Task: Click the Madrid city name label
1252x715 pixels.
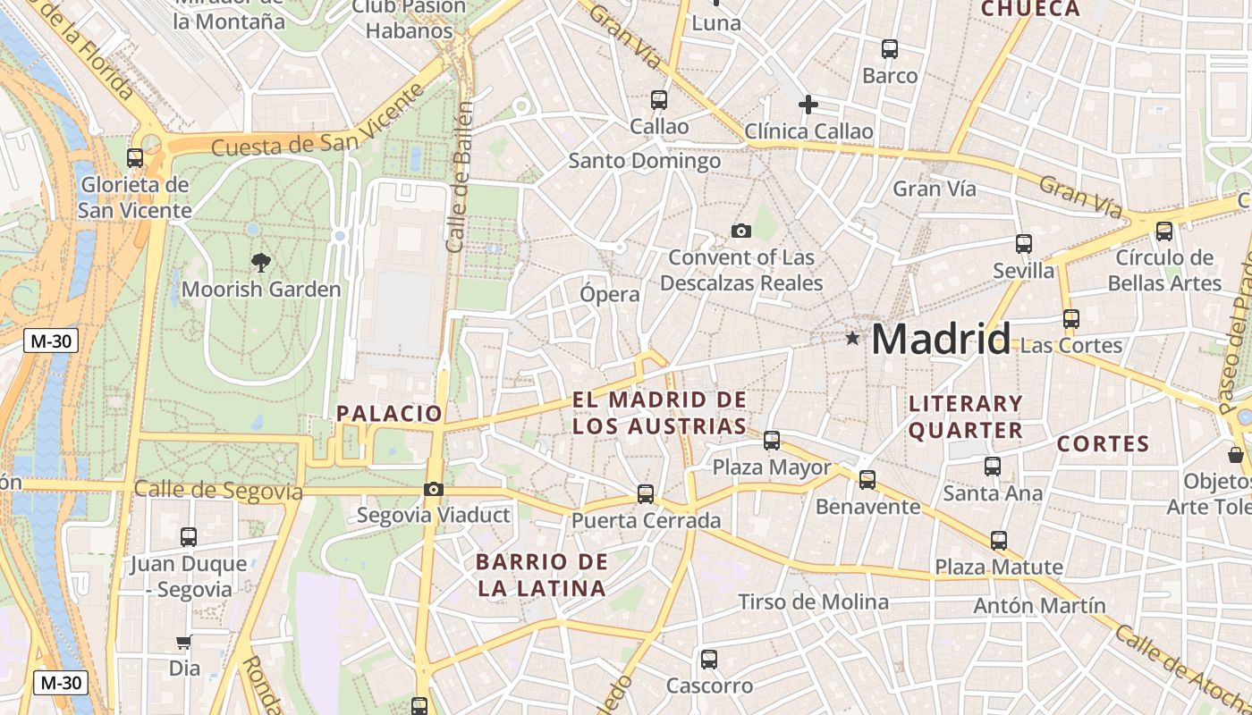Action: click(x=941, y=340)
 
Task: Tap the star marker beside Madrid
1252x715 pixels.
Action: click(x=853, y=339)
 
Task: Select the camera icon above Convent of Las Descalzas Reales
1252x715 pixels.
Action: click(x=740, y=231)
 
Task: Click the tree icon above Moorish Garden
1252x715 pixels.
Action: click(x=261, y=263)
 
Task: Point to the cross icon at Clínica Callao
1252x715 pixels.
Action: click(x=808, y=105)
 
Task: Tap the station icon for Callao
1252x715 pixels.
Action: click(x=659, y=100)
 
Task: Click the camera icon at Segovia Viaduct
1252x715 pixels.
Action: click(x=434, y=489)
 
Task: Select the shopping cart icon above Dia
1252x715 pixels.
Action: click(x=183, y=642)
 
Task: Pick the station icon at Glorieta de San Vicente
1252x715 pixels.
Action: click(x=135, y=158)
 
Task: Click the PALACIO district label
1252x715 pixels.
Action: click(x=389, y=413)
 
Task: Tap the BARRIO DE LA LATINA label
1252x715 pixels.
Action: click(x=542, y=575)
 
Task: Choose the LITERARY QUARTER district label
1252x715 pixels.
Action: click(x=966, y=416)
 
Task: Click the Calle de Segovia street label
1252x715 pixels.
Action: click(x=218, y=490)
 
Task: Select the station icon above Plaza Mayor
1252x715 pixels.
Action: click(x=772, y=441)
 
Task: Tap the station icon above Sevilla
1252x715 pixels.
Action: click(x=1024, y=244)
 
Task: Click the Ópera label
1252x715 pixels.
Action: click(x=610, y=294)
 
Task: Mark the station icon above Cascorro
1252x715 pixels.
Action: click(x=709, y=660)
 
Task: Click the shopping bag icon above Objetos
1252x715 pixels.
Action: click(x=1236, y=455)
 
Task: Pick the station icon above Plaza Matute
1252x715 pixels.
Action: click(x=999, y=541)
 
